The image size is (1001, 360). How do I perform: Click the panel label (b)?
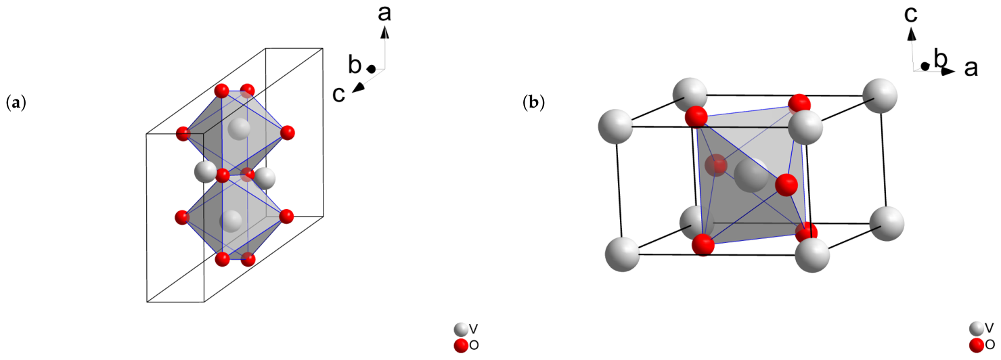coord(533,103)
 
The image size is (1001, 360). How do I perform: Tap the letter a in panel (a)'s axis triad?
coord(384,14)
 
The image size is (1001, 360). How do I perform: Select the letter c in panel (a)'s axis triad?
coord(338,94)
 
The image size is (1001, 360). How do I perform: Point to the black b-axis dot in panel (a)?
coord(371,69)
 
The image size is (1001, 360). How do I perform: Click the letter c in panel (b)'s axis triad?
coord(911,14)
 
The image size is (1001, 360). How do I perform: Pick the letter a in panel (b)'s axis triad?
coord(971,68)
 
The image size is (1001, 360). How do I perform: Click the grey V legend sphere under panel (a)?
coord(461,330)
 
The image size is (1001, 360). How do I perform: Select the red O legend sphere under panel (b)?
coord(977,345)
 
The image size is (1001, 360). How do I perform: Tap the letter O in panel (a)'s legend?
coord(474,345)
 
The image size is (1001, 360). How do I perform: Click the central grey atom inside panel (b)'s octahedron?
coord(752,175)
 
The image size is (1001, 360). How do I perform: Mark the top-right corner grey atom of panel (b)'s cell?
coord(879,95)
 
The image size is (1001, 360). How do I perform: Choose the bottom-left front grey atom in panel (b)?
coord(623,254)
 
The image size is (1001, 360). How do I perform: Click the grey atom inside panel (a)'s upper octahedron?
coord(239,129)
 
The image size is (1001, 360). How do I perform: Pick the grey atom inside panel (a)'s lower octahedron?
coord(231,221)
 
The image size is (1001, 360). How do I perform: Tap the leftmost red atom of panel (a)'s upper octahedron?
coord(183,133)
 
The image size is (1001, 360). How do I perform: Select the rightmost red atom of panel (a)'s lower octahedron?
coord(286,217)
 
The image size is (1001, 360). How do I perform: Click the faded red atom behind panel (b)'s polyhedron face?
coord(716,165)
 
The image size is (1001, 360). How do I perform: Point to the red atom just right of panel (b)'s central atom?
coord(786,185)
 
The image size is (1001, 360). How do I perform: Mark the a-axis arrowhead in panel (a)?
coord(384,31)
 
